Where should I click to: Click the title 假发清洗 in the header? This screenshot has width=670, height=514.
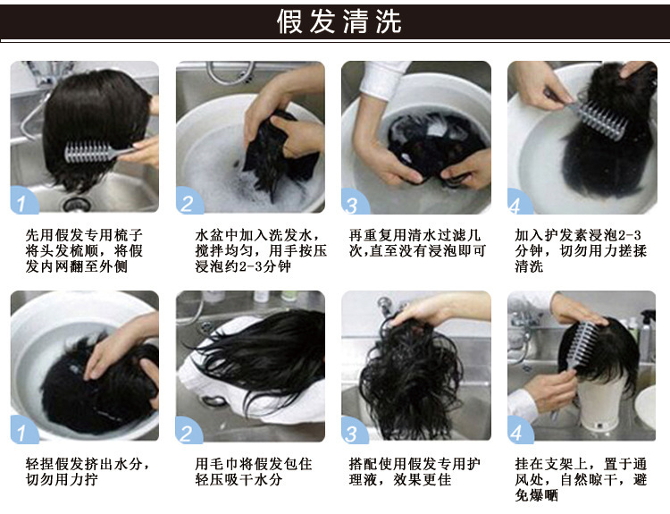coord(339,21)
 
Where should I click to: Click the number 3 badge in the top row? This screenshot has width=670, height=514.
coord(354,202)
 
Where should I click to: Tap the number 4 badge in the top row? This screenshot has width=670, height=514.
coord(519,202)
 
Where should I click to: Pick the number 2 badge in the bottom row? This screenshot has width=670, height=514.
coord(188,430)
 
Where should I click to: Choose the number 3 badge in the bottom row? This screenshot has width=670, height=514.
coord(354,430)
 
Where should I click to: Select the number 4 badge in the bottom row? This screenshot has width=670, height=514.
coord(520,430)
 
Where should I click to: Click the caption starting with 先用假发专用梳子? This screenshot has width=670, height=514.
coord(84,250)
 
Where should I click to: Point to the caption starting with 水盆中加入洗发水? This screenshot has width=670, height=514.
coord(261,250)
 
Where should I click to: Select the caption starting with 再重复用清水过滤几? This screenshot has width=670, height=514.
coord(417,243)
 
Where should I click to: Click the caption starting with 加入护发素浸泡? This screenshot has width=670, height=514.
coord(581,250)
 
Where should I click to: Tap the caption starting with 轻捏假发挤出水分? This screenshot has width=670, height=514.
coord(88,472)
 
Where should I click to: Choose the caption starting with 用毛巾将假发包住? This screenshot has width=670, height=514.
coord(254,472)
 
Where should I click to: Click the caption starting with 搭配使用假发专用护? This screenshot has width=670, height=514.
coord(415,472)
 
